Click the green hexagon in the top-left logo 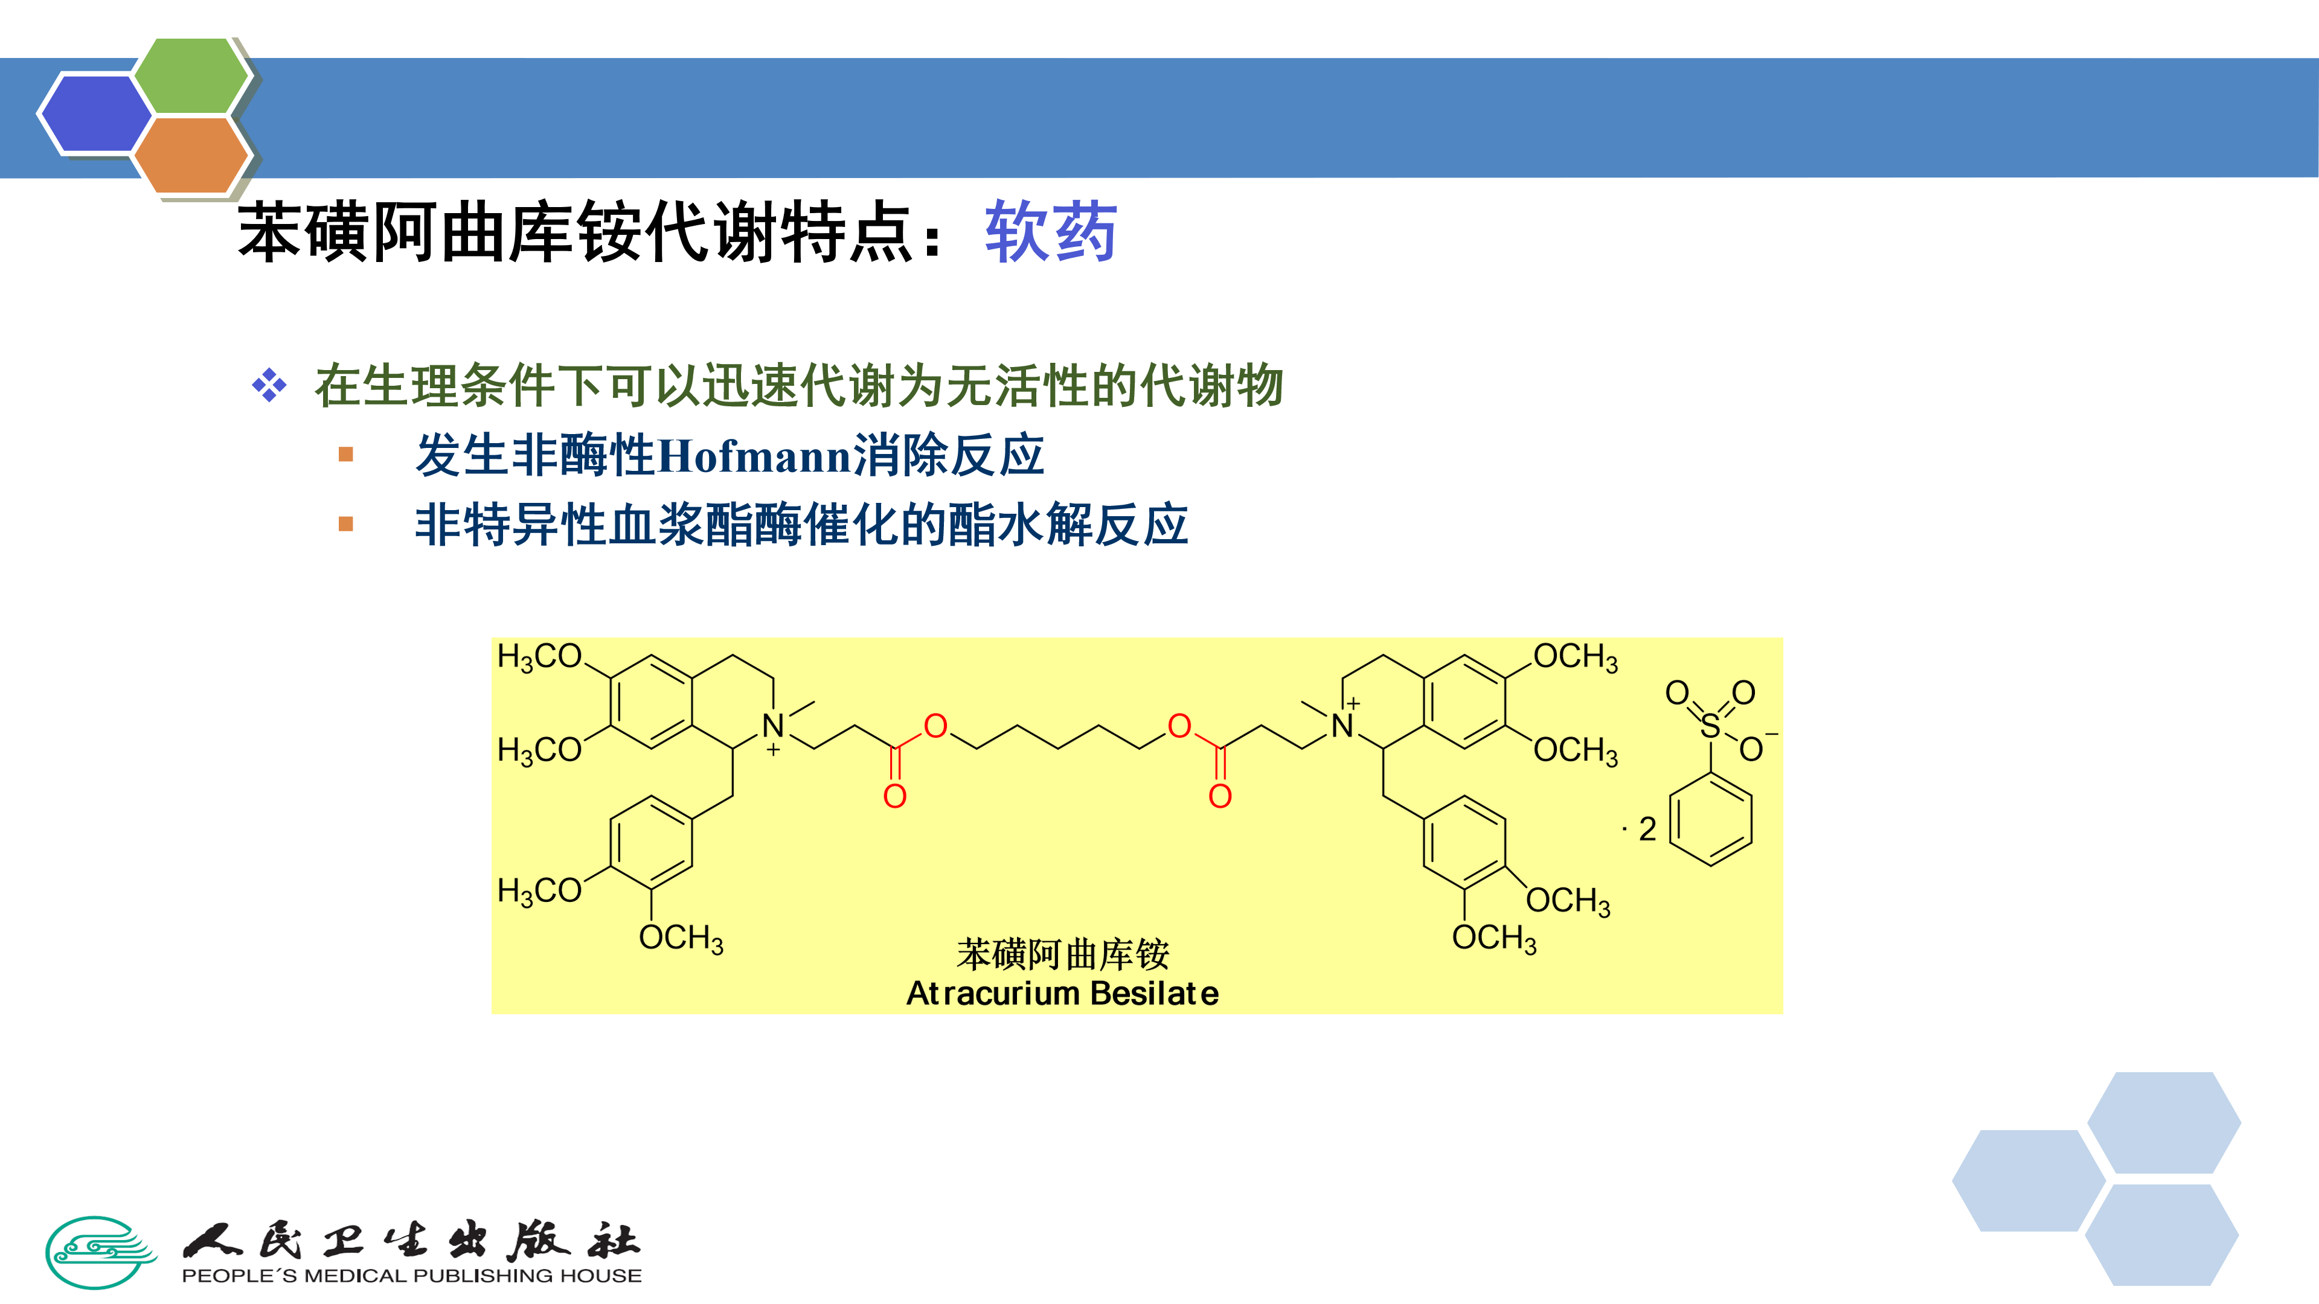pos(191,77)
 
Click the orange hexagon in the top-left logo pos(191,155)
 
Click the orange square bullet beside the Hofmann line pos(345,455)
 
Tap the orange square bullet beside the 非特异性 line pos(345,524)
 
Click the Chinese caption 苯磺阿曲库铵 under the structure pos(1062,954)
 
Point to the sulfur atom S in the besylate pos(1710,725)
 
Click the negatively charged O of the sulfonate pos(1751,749)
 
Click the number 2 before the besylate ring pos(1647,829)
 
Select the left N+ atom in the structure pos(772,725)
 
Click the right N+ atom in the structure pos(1342,725)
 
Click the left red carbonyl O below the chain pos(895,796)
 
